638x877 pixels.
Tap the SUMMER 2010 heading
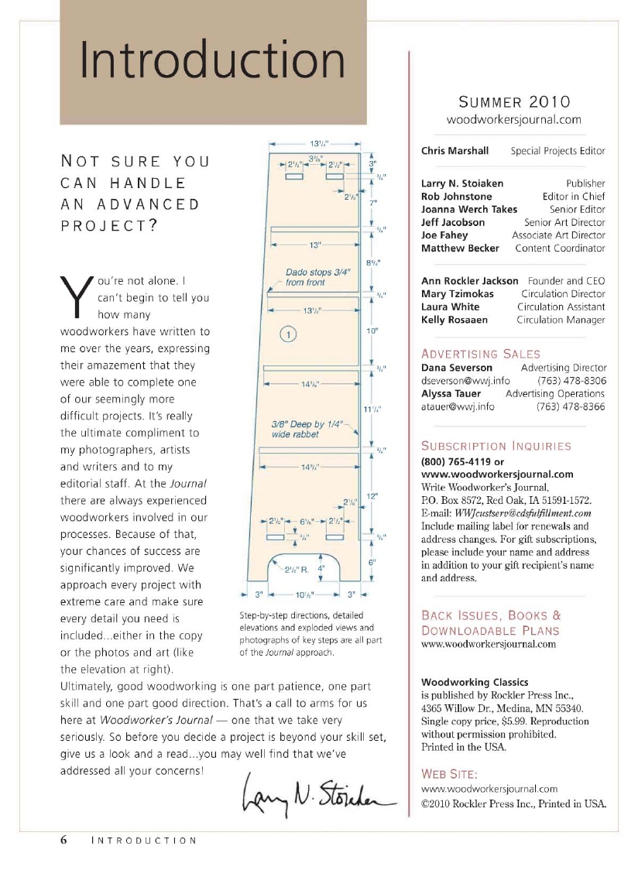(x=513, y=101)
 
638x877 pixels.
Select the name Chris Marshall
(x=454, y=151)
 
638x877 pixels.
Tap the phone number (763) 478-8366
(x=571, y=406)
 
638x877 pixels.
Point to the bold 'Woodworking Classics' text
(x=475, y=682)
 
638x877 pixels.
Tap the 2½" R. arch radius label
(x=298, y=570)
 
